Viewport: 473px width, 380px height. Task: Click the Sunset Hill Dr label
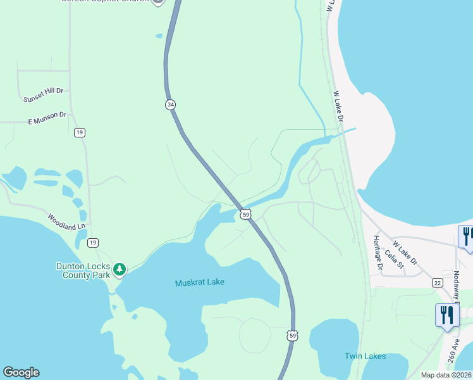(x=44, y=96)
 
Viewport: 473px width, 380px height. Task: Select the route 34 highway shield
(x=170, y=104)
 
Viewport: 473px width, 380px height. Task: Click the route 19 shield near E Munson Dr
(x=79, y=132)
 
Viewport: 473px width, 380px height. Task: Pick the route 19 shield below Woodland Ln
(x=92, y=243)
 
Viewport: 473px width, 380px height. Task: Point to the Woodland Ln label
(x=66, y=222)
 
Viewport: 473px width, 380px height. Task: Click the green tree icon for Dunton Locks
(x=120, y=270)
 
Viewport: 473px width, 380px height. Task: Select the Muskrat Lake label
(x=200, y=282)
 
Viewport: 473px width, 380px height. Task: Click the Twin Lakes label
(x=365, y=356)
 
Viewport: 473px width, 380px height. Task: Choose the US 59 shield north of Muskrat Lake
(x=246, y=215)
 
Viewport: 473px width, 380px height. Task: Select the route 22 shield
(x=438, y=282)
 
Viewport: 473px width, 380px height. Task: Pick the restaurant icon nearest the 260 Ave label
(x=447, y=315)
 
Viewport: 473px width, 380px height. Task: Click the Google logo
(x=21, y=372)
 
